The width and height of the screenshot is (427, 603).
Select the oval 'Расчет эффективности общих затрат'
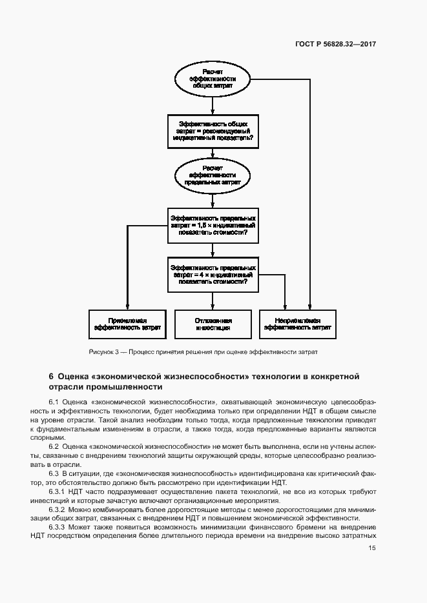click(x=213, y=78)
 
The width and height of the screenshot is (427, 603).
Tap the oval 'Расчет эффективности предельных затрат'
click(x=213, y=175)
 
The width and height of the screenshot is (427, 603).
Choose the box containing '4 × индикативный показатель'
click(x=213, y=273)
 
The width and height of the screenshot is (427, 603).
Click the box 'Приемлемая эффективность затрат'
click(x=127, y=324)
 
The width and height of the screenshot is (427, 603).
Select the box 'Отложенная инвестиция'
click(x=213, y=324)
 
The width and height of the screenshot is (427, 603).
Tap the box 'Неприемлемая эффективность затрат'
click(x=298, y=324)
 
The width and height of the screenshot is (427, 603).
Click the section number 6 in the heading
click(x=51, y=376)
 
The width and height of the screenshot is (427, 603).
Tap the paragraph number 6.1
click(x=54, y=402)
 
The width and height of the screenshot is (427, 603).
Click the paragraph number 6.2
click(x=54, y=447)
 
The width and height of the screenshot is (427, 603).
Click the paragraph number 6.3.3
click(x=57, y=528)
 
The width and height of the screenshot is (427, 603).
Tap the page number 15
click(x=372, y=548)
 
